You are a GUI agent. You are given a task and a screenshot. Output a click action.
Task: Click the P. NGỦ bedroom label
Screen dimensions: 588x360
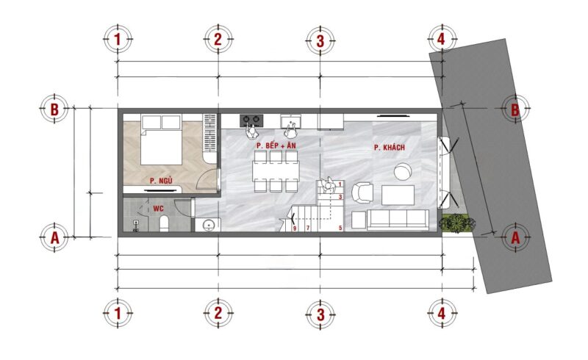pos(161,181)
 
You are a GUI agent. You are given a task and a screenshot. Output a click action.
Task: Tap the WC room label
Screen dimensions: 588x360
pos(158,209)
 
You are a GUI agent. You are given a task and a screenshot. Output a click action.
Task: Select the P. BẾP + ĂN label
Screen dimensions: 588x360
pos(276,145)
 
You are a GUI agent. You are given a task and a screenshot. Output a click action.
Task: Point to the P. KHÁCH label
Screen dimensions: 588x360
pos(390,148)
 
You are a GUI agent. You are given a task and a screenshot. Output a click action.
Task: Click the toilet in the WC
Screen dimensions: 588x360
pos(164,223)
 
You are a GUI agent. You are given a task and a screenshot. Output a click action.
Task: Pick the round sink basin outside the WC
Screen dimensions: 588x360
pos(208,225)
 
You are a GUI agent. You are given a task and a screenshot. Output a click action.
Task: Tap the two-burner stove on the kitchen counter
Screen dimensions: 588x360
pos(251,120)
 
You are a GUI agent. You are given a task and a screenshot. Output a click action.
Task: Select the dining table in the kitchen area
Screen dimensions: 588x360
pos(276,170)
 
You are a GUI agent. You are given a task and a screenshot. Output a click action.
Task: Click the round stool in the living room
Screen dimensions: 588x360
pos(403,172)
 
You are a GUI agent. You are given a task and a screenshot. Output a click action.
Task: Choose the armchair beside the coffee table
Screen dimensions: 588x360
pos(362,192)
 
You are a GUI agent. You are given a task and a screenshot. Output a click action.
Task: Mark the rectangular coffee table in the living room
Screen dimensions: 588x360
pos(398,195)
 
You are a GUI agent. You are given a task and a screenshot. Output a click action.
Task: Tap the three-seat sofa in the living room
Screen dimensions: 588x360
pos(398,220)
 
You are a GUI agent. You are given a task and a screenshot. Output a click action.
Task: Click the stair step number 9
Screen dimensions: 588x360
pos(295,228)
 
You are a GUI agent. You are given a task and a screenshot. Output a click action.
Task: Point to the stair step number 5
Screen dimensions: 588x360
pos(340,228)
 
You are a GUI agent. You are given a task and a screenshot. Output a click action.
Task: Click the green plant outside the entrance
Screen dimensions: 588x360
pos(456,223)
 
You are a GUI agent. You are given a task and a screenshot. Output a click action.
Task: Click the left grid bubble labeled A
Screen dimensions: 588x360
pos(54,237)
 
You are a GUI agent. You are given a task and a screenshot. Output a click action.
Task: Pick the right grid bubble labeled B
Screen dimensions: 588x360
pos(516,109)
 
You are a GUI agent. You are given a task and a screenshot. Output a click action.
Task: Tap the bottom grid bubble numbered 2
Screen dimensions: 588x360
pos(218,313)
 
